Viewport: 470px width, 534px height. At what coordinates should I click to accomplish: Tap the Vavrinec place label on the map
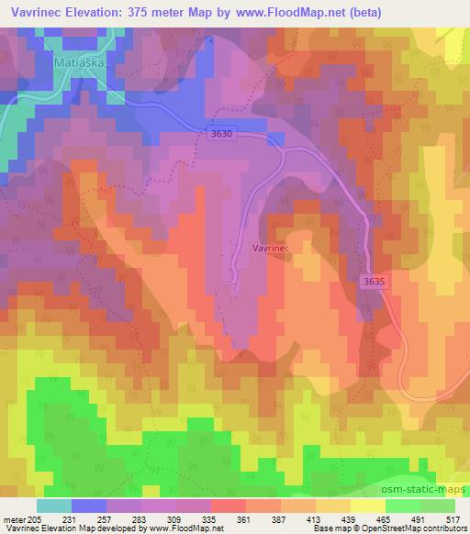tap(272, 248)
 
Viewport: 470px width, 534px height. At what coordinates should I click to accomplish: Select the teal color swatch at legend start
tap(53, 505)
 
